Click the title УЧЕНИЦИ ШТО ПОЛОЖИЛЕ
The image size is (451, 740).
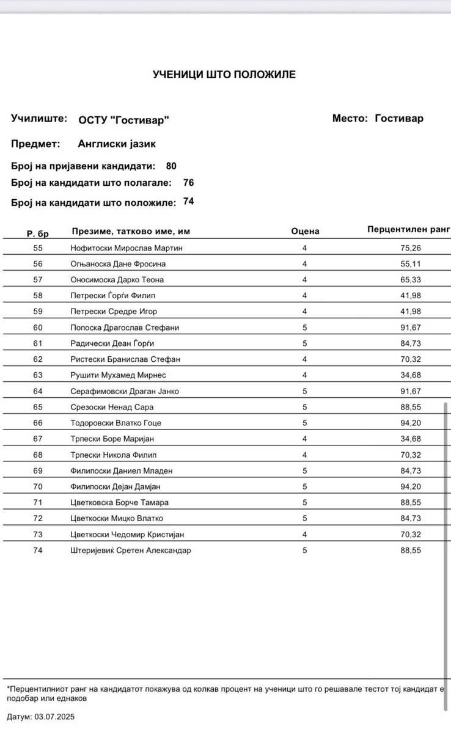coord(224,75)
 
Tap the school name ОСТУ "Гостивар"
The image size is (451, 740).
coord(123,120)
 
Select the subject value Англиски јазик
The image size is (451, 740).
coord(117,144)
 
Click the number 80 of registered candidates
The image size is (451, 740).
coord(171,166)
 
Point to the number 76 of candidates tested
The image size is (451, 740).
coord(188,183)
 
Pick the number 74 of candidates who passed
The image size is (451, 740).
coord(188,201)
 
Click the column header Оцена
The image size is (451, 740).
coord(305,231)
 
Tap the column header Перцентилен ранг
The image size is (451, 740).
coord(408,229)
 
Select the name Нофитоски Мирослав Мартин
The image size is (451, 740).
coord(127,248)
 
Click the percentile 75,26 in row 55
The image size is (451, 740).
coord(411,248)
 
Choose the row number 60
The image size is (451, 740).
coord(38,328)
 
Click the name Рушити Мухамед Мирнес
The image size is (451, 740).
coord(118,375)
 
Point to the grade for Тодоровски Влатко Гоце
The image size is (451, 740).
coord(304,423)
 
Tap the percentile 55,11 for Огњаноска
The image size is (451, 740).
coord(411,264)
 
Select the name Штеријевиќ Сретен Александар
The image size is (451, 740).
coord(131,550)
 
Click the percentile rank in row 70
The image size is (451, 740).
coord(411,486)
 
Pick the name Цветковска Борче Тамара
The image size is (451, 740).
coord(119,502)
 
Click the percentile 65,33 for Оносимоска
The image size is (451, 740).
coord(411,280)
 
